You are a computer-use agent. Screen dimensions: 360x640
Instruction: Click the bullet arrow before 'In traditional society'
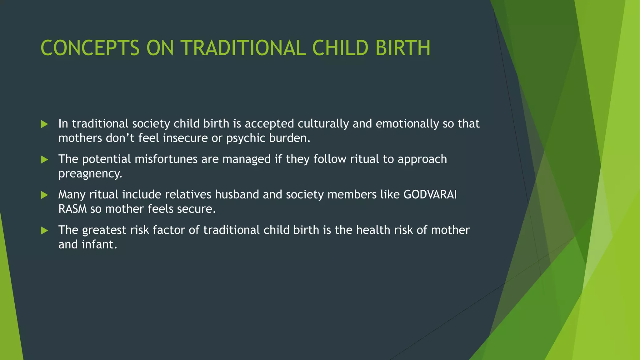click(44, 124)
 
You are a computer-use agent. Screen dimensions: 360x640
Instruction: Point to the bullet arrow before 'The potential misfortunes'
click(44, 160)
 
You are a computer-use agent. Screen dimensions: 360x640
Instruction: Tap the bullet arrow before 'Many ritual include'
click(44, 195)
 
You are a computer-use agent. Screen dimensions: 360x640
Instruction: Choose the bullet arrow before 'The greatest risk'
click(44, 231)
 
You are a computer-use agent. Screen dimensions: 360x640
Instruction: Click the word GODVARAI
click(430, 195)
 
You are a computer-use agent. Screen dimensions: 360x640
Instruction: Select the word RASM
click(72, 209)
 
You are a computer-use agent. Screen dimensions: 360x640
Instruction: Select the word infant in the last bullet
click(99, 245)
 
